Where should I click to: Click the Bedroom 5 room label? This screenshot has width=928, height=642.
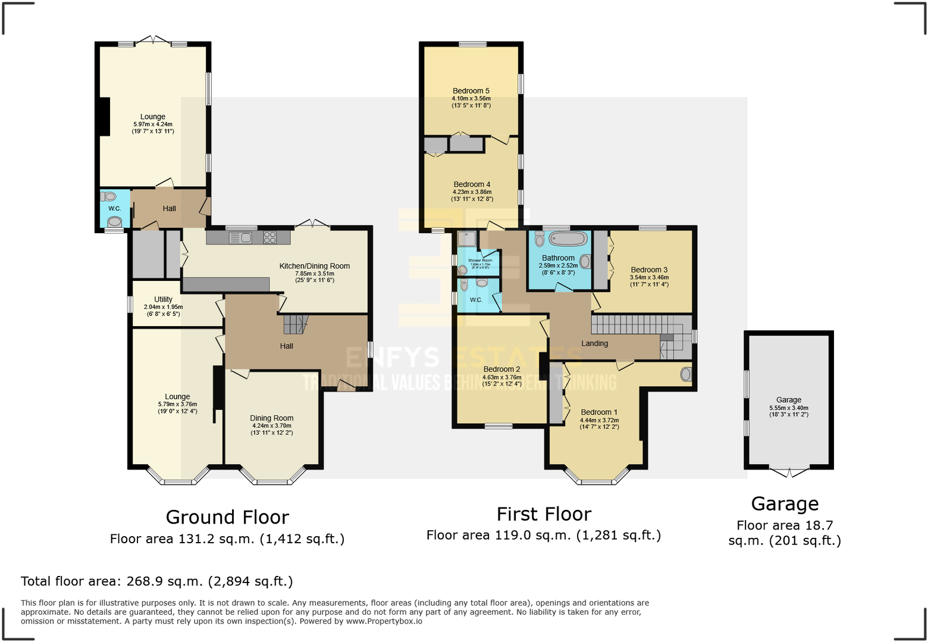471,91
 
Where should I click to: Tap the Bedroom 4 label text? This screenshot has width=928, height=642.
472,184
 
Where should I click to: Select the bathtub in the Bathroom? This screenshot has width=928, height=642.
568,239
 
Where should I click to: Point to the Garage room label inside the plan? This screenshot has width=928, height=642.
788,400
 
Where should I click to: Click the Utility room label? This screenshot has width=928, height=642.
163,299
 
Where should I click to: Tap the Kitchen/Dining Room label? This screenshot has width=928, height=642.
314,266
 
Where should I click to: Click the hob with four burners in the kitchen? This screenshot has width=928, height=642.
269,237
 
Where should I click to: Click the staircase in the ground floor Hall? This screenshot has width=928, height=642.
294,324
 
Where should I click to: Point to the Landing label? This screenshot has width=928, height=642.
594,343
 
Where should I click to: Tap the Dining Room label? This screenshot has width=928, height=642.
271,418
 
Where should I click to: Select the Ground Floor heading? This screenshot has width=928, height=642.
227,517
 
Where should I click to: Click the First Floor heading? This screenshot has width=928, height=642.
544,514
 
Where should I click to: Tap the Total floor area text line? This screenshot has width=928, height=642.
156,581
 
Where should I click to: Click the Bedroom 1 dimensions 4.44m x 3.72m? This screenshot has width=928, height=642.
599,420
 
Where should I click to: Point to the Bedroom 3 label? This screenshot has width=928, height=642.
649,270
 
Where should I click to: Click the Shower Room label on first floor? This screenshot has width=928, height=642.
479,261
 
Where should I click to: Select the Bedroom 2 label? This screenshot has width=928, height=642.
501,369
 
